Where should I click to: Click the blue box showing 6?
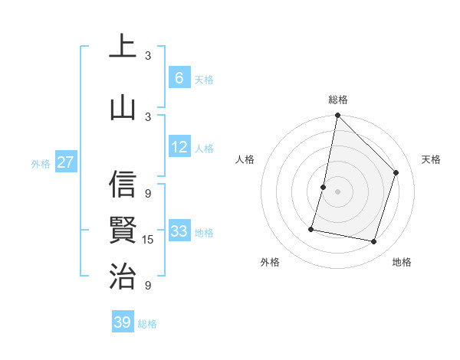pyautogui.click(x=179, y=78)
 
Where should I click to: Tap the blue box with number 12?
pyautogui.click(x=179, y=148)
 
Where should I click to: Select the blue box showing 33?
pyautogui.click(x=179, y=231)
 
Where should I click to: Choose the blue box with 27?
pyautogui.click(x=65, y=162)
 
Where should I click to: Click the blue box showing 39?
pyautogui.click(x=123, y=322)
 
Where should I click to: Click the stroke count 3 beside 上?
pyautogui.click(x=148, y=56)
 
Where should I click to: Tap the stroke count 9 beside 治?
pyautogui.click(x=148, y=286)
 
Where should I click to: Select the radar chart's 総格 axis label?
pyautogui.click(x=337, y=100)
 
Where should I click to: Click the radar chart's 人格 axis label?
pyautogui.click(x=245, y=159)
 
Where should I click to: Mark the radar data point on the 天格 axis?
pyautogui.click(x=396, y=172)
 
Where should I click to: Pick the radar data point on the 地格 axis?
pyautogui.click(x=373, y=241)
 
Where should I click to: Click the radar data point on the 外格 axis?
pyautogui.click(x=311, y=228)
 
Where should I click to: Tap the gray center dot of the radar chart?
pyautogui.click(x=337, y=191)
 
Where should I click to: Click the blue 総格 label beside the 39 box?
pyautogui.click(x=147, y=324)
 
